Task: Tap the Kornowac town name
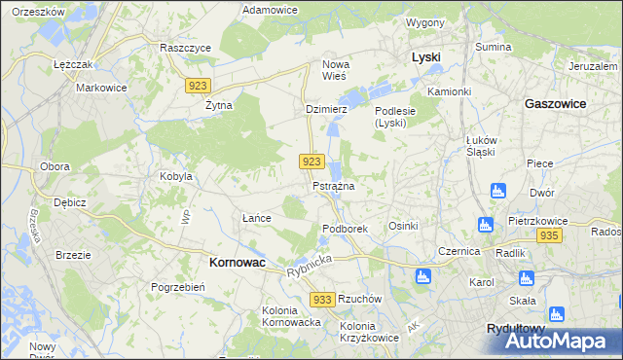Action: point(238,263)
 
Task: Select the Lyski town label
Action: point(426,57)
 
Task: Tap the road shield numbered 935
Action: point(549,236)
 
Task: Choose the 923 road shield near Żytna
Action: point(197,86)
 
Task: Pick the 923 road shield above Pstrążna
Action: point(311,161)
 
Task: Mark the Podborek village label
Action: point(344,229)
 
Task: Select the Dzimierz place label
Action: point(326,110)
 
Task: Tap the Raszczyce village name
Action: point(186,47)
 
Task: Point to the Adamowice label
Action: point(270,9)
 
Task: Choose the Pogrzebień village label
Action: point(176,287)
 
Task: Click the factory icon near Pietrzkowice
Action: point(486,226)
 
